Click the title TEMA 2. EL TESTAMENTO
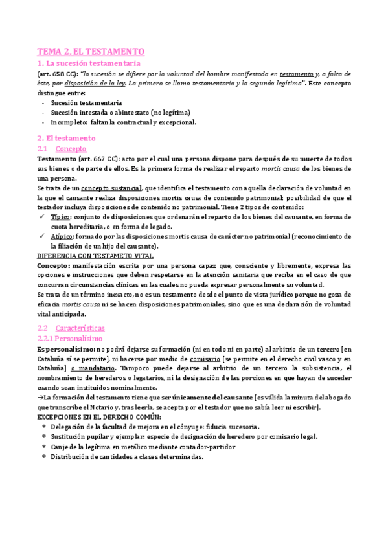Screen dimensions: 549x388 tap(91, 52)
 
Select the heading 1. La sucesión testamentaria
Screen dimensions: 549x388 tap(88, 63)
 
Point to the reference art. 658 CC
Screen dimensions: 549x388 tap(57, 74)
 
